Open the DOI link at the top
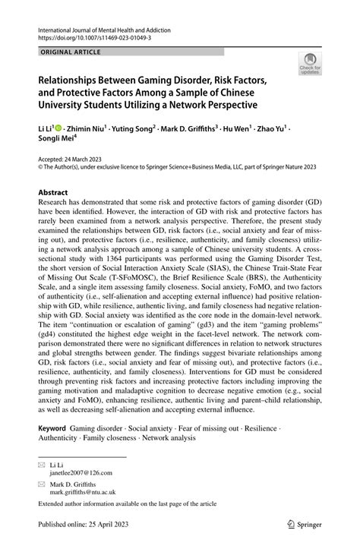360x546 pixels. [x=89, y=36]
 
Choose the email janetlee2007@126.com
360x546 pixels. [x=82, y=472]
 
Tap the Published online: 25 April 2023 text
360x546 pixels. [x=83, y=523]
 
